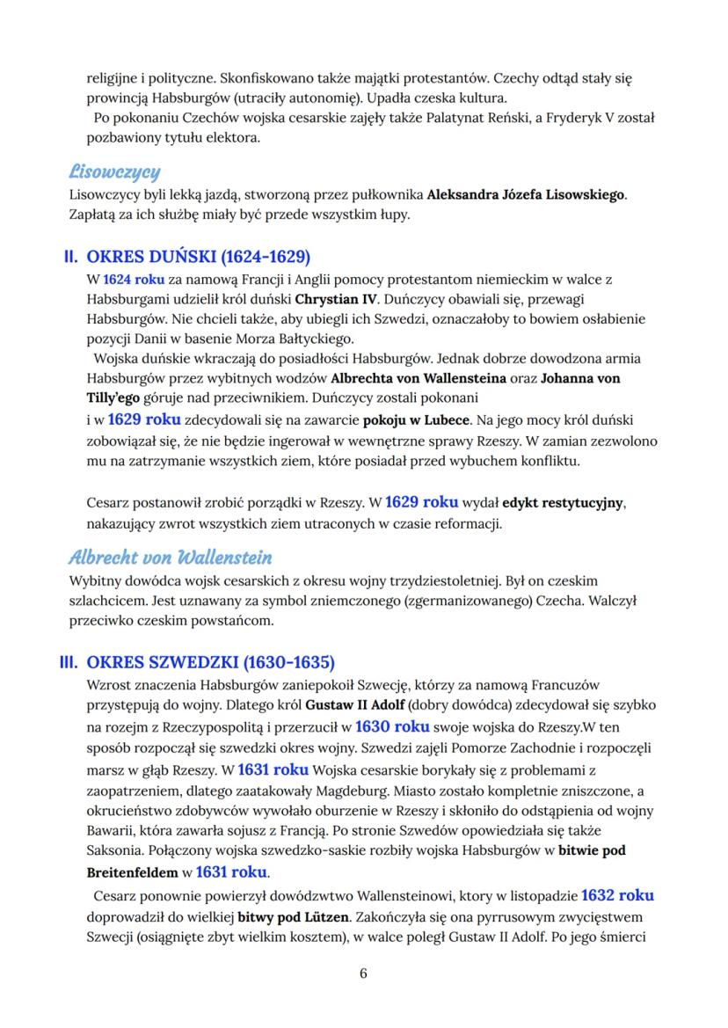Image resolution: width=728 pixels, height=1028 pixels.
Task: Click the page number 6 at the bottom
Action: pos(363,973)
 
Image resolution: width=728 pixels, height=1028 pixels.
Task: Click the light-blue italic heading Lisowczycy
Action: pos(113,171)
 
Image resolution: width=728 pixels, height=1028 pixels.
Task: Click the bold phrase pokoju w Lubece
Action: pos(424,420)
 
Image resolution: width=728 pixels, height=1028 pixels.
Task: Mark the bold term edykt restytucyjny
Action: pos(563,504)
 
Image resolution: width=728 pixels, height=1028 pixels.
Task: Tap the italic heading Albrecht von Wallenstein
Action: pos(170,558)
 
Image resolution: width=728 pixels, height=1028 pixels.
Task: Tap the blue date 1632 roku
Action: pos(618,895)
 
